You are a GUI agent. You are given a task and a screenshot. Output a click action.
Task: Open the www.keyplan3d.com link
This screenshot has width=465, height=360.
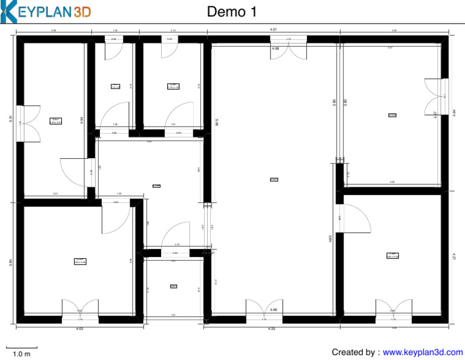point(423,352)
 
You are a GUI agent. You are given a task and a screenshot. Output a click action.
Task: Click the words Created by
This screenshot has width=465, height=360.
point(355,352)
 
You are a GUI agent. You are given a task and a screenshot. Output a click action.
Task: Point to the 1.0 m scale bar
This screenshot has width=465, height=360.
point(21,350)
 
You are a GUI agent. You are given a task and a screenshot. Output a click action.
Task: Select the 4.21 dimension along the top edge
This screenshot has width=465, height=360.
point(273,29)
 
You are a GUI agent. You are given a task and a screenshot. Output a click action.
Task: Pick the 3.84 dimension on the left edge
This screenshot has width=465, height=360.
point(11,261)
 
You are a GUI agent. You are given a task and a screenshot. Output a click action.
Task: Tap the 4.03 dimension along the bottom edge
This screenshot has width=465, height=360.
point(79,328)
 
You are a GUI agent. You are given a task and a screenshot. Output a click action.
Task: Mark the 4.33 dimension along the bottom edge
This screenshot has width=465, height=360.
point(271,328)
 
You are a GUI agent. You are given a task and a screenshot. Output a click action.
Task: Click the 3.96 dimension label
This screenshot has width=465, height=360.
point(274,310)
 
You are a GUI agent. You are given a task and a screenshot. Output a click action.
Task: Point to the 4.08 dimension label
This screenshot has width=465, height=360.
point(275,48)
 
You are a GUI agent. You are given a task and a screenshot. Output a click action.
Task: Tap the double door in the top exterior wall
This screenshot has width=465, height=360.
point(289,48)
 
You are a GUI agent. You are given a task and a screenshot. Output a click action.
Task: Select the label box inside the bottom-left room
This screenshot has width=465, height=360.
point(81,261)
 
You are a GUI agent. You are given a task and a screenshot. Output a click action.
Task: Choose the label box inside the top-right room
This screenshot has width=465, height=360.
point(392,115)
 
